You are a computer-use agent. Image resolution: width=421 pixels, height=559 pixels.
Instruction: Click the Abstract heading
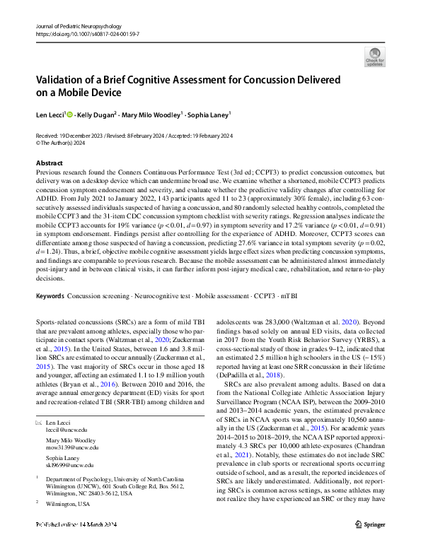click(49, 163)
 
